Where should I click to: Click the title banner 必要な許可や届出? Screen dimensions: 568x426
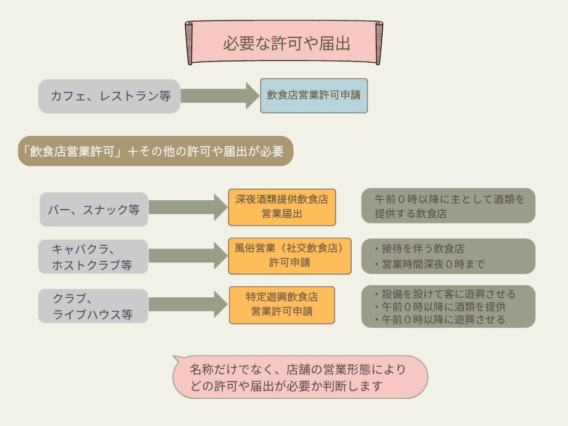284,43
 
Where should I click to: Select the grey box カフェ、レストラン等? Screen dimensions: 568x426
109,96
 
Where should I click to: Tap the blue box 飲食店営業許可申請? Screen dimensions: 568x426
314,95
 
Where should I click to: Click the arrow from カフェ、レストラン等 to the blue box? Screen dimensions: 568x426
220,95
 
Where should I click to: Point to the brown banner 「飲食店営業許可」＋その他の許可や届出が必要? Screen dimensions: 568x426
155,151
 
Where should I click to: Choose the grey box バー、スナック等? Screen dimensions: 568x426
94,209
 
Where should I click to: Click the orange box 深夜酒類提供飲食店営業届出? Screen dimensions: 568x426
282,207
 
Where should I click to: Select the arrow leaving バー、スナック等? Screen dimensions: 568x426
188,207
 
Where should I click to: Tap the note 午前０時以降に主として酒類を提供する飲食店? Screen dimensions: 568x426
448,206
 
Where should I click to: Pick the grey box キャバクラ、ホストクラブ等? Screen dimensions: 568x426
93,256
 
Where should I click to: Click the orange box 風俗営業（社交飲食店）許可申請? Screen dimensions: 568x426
290,256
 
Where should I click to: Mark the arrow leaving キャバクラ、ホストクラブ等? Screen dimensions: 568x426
188,256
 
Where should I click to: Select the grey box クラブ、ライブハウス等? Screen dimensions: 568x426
93,306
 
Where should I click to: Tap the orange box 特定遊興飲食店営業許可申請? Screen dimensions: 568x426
282,305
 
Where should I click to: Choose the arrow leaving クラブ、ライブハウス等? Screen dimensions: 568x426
188,305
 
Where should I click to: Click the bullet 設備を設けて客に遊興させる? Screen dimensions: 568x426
445,294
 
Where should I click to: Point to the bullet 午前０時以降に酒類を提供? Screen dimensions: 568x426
440,307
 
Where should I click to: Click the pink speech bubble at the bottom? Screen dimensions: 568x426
300,377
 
